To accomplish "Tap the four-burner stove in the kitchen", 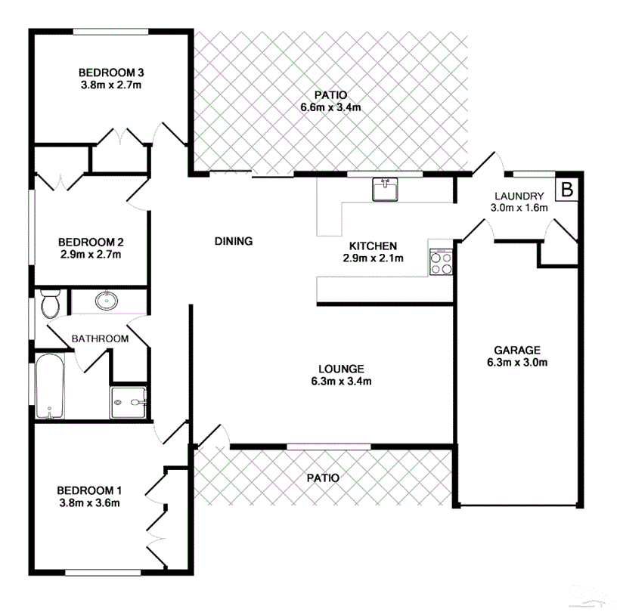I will [441, 261].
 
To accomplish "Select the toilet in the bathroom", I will [51, 304].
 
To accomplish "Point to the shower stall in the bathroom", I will [126, 402].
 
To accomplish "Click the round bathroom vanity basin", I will [107, 301].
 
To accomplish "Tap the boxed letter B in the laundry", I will [566, 190].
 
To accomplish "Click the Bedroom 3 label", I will [111, 73].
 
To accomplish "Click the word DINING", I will [233, 242].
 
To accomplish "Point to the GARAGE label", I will [517, 350].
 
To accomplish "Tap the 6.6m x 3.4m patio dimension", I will [330, 107].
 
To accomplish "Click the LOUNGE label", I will [341, 369].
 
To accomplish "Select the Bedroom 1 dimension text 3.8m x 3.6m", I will [90, 502].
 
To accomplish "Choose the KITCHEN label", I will [373, 246].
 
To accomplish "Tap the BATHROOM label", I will [100, 338].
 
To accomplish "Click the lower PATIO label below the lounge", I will [323, 478].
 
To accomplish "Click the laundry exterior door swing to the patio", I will [485, 164].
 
